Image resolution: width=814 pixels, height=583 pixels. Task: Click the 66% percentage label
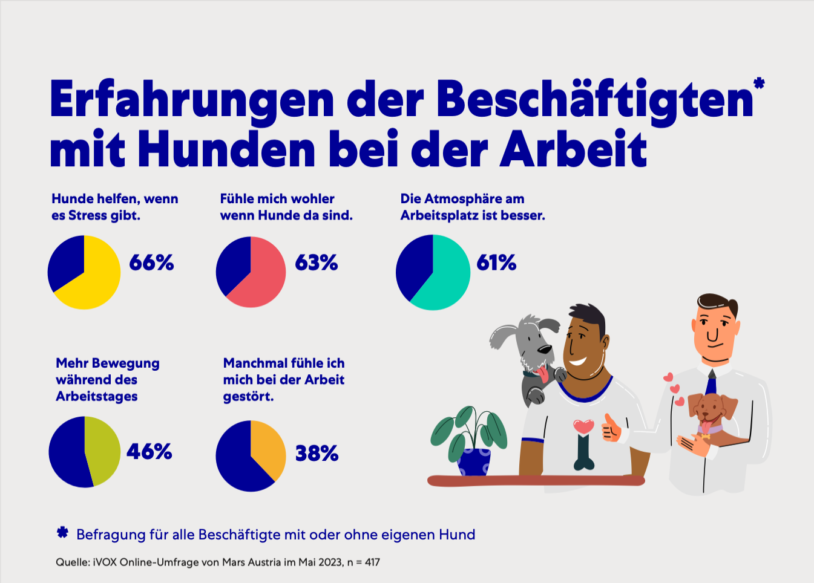[x=151, y=262]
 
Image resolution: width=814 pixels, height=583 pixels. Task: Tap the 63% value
[x=316, y=262]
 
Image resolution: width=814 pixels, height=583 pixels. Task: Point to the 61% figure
[x=496, y=262]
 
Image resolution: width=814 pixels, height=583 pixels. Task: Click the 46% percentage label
[x=149, y=451]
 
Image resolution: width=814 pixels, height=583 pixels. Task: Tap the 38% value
[x=317, y=453]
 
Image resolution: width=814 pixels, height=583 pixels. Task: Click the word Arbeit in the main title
[x=574, y=149]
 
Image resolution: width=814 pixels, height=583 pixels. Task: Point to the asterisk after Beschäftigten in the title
[x=759, y=83]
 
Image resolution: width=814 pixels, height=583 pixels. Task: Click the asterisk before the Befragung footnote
[x=62, y=533]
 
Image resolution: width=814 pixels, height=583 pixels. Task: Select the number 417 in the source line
[x=372, y=562]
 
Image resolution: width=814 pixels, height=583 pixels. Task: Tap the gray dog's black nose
[x=545, y=349]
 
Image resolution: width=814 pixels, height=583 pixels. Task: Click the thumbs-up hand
[x=611, y=428]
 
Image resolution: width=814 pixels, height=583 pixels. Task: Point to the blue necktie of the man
[x=711, y=383]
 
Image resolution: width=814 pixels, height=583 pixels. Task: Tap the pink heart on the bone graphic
[x=583, y=426]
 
